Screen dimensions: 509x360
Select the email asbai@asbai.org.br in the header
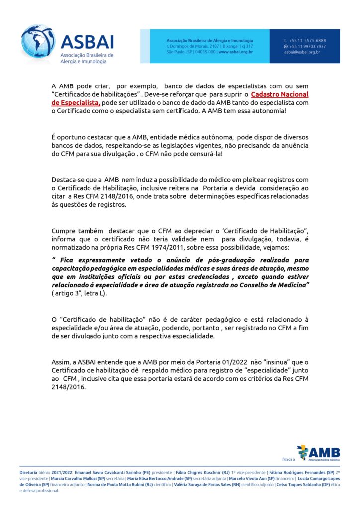click(302, 52)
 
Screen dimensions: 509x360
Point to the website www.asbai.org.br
click(235, 52)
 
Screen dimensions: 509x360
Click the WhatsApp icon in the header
click(286, 46)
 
